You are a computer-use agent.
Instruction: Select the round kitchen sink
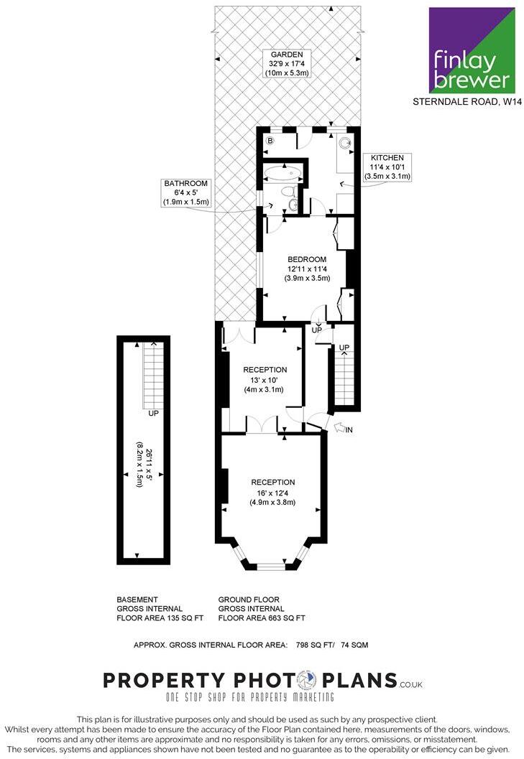click(x=343, y=143)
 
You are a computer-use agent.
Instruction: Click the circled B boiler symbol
click(x=270, y=141)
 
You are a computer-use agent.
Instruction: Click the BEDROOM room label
click(x=307, y=259)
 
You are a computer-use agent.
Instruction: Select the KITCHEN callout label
click(x=387, y=157)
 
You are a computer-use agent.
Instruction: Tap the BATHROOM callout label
click(x=185, y=183)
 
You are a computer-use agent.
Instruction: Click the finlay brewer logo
click(x=472, y=50)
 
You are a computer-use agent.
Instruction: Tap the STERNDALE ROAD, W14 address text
click(x=466, y=102)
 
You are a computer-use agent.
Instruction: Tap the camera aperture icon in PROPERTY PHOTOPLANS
click(x=306, y=680)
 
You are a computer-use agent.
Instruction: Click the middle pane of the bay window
click(x=272, y=567)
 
